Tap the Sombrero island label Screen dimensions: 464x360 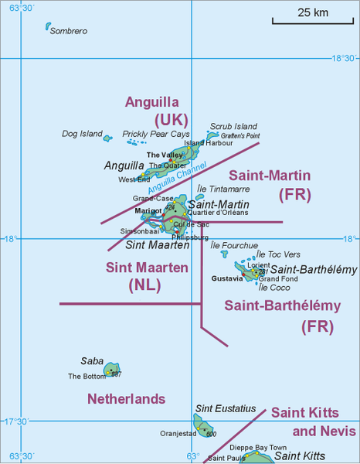[x=68, y=31]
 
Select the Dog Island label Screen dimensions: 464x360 [x=82, y=134]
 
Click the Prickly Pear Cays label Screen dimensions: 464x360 [x=156, y=134]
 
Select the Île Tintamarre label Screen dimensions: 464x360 [x=223, y=189]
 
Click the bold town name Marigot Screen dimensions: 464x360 [x=148, y=210]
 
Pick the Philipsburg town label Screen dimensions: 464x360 [x=190, y=237]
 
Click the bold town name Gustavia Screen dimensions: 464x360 [x=227, y=277]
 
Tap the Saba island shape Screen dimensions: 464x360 [x=112, y=370]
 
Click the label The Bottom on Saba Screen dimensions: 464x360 [x=87, y=377]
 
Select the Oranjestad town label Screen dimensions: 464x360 [x=181, y=434]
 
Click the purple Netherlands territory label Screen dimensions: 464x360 [x=126, y=399]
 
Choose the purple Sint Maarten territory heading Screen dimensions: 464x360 [x=146, y=268]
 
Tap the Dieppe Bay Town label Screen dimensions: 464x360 [x=258, y=448]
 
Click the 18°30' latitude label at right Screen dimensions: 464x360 [x=345, y=58]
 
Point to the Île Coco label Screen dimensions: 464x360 [x=274, y=288]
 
